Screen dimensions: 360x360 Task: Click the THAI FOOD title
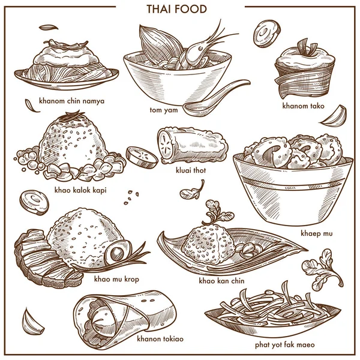176,9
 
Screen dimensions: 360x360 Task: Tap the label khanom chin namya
71,101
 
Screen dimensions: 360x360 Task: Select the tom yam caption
164,110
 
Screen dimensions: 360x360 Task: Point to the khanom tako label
303,106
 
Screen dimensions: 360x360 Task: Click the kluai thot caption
191,170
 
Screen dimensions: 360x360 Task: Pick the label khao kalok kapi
80,190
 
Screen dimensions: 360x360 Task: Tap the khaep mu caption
317,233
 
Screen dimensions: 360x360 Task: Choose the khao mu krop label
116,279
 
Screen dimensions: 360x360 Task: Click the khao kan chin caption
221,281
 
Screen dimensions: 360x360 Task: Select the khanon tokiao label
160,338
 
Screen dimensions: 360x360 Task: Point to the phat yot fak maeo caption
285,344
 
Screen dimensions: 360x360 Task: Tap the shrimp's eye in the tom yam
201,49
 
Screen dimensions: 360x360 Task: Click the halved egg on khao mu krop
118,253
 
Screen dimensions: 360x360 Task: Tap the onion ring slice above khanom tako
268,34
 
